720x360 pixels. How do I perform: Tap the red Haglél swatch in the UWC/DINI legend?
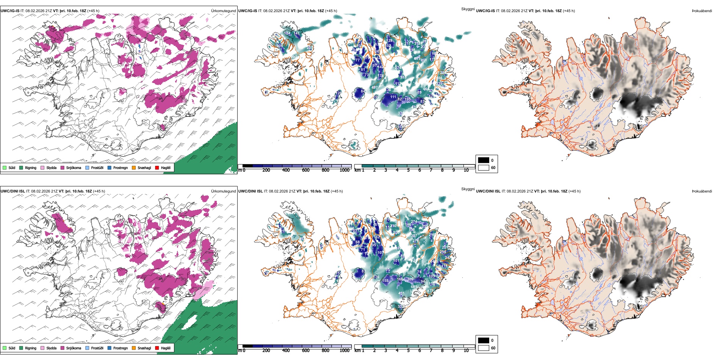pos(157,348)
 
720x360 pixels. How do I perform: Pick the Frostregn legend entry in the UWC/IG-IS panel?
pos(120,168)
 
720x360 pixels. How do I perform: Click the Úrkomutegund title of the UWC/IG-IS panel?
pos(223,11)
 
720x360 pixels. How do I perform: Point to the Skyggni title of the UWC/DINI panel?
pos(468,189)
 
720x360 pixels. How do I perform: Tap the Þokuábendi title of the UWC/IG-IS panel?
pos(702,11)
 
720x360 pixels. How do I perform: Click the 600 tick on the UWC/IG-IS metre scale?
pos(305,170)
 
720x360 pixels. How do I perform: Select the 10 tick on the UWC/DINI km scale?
pos(466,351)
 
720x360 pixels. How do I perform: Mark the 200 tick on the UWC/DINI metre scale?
pos(266,351)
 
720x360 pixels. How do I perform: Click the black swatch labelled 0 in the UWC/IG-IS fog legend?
pos(484,160)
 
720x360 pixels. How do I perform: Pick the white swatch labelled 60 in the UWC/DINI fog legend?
pos(484,348)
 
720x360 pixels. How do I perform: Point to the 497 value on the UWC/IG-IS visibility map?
pos(374,88)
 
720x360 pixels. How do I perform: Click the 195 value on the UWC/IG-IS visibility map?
pos(407,99)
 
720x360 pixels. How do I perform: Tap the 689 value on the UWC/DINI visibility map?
pos(414,286)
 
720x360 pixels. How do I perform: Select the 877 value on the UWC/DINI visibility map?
pos(430,291)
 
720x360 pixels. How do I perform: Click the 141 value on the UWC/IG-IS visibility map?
pos(296,33)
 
